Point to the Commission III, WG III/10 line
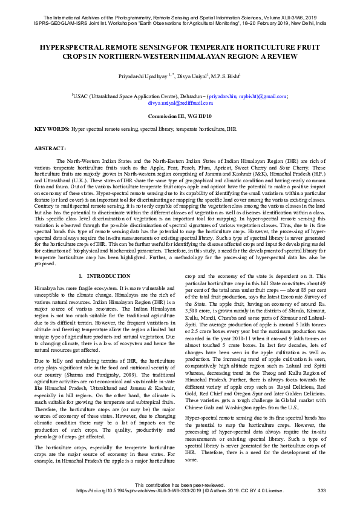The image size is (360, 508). tap(180, 116)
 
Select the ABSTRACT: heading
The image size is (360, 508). tap(50, 148)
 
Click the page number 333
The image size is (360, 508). tap(322, 490)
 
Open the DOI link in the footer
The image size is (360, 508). tap(134, 490)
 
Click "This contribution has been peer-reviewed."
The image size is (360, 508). tap(180, 484)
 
